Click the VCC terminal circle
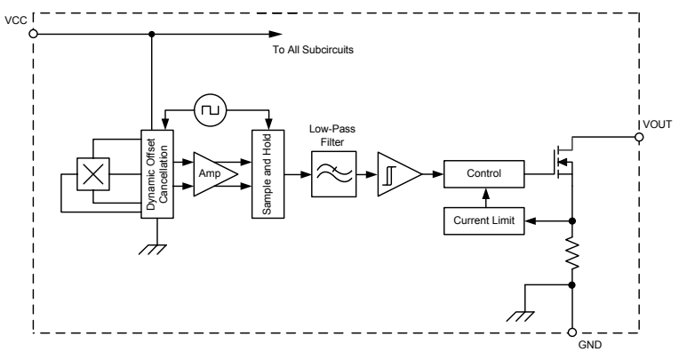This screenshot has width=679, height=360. [x=33, y=34]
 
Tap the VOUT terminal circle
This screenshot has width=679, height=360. [x=639, y=138]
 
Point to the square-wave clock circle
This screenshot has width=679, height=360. [x=211, y=110]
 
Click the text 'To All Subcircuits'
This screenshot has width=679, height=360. [x=314, y=50]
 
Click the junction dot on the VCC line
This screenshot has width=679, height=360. [x=152, y=34]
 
